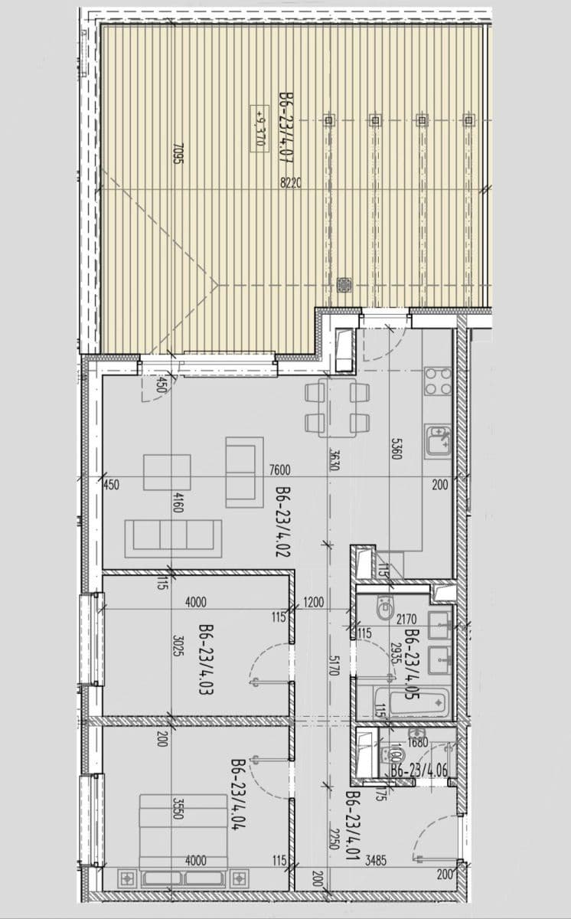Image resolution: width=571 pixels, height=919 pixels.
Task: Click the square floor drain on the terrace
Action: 344,285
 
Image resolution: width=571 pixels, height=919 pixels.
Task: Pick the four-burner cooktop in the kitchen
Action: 439,381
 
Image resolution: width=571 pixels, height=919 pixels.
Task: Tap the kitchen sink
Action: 439,441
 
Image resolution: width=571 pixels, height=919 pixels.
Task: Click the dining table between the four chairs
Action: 338,407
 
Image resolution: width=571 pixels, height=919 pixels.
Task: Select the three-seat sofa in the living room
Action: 174,534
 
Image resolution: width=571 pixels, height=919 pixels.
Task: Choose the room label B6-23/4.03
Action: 205,659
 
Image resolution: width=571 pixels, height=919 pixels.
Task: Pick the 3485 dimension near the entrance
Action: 376,861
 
